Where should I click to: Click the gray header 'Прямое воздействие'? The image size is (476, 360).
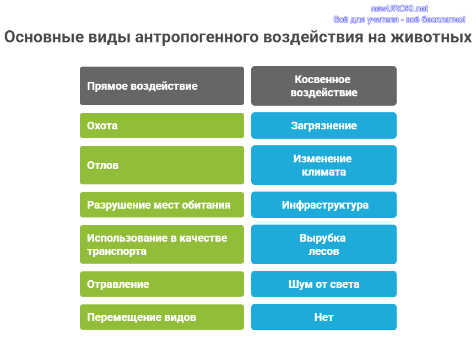[x=162, y=86]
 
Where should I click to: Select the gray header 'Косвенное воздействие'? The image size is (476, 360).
[x=324, y=86]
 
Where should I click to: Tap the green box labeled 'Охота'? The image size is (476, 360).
[x=162, y=126]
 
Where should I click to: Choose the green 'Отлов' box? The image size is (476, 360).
[x=162, y=165]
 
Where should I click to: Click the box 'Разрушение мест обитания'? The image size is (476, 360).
[x=162, y=205]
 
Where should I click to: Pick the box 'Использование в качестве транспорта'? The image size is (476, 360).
[x=162, y=244]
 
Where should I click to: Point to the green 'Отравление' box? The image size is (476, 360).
[x=162, y=284]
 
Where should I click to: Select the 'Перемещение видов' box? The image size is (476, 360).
[x=162, y=317]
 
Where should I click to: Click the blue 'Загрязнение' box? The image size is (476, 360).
[x=324, y=126]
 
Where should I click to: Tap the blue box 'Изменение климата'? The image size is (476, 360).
[x=324, y=165]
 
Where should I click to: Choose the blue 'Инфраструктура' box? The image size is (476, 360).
[x=324, y=205]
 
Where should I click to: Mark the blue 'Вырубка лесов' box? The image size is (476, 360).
[x=324, y=244]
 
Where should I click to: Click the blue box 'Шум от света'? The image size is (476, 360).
[x=324, y=284]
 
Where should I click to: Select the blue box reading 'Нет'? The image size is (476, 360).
[x=324, y=317]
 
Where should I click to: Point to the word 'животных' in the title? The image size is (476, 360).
[x=431, y=37]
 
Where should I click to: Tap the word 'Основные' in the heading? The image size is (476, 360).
[x=44, y=37]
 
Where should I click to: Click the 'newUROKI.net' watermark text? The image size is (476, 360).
[x=399, y=8]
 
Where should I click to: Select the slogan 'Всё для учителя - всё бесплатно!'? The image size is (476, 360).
[x=399, y=20]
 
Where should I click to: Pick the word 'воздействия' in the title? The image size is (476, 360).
[x=313, y=37]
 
